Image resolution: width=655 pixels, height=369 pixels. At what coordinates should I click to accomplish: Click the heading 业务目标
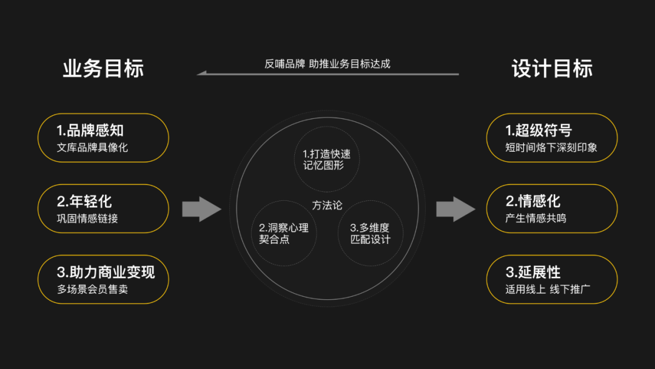coord(103,69)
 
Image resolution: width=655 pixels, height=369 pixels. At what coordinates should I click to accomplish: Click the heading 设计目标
coord(552,69)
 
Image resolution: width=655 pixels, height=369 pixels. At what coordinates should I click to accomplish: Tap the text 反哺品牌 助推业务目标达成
coord(327,64)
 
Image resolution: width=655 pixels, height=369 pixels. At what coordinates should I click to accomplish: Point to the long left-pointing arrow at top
coord(327,74)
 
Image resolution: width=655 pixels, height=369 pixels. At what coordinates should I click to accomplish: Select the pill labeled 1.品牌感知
coord(103,138)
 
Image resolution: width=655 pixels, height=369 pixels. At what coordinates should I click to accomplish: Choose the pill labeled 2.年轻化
coord(103,209)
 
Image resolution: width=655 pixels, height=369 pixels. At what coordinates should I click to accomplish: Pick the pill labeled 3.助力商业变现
coord(103,279)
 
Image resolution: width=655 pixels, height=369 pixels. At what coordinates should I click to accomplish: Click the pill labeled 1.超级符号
coord(552,138)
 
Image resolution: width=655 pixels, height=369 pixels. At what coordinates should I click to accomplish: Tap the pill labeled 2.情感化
coord(552,209)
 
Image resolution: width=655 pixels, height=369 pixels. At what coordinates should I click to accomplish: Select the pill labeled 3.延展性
coord(552,279)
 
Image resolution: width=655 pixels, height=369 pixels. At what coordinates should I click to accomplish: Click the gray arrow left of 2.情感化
coord(455,209)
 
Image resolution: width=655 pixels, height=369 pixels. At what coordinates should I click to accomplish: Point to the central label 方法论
coord(327,205)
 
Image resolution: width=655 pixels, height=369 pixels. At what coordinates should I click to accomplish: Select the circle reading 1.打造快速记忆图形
coord(327,159)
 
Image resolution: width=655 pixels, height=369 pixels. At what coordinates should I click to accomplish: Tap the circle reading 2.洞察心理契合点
coord(283,233)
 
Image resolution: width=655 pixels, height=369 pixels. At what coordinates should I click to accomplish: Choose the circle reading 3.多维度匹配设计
coord(370,233)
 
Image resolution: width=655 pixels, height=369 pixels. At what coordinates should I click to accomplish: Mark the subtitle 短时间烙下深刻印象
coord(551,147)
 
